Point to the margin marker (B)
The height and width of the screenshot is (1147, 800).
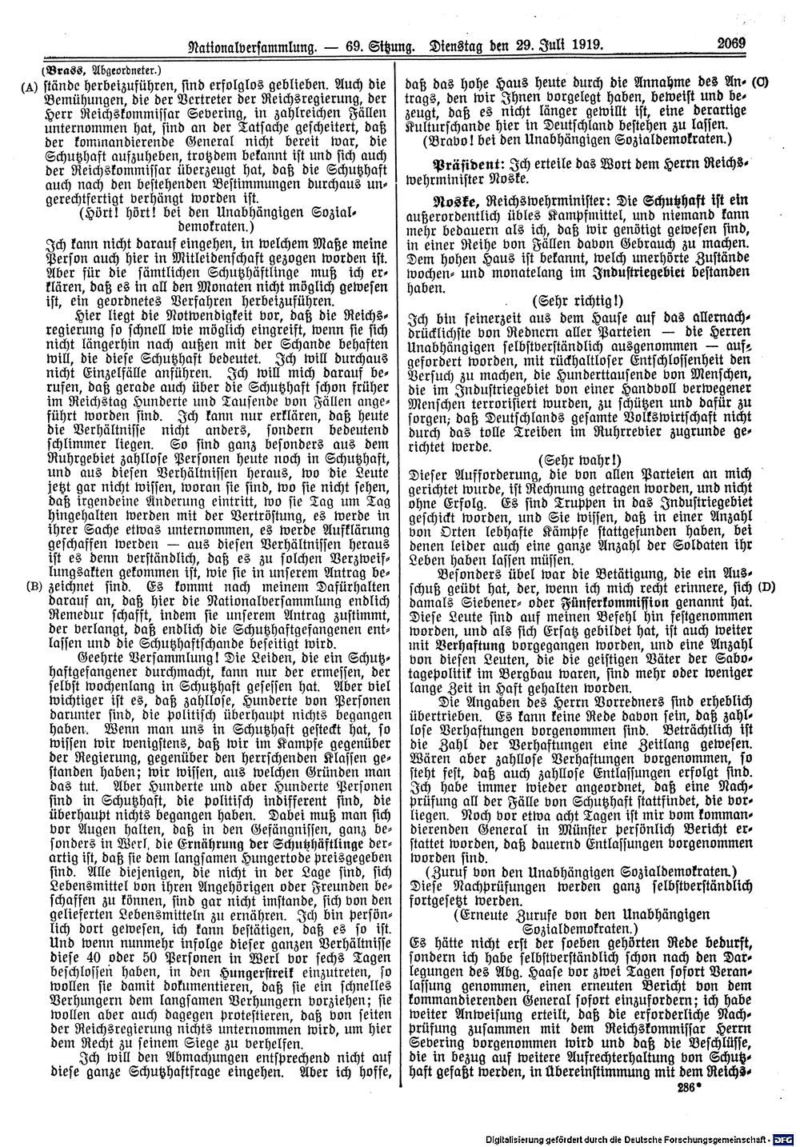click(32, 585)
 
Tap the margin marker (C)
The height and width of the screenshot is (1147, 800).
click(760, 82)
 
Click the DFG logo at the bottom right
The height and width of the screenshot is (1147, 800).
click(785, 1139)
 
